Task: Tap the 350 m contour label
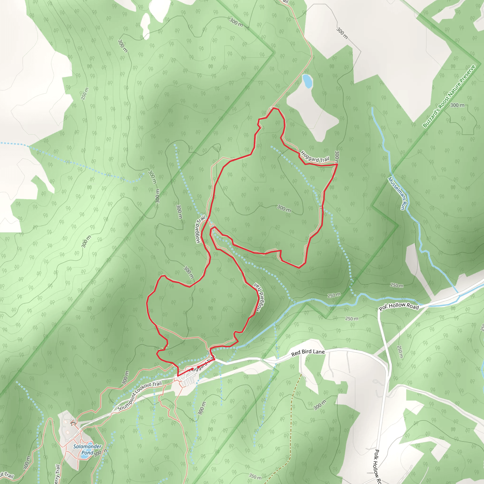coord(255,476)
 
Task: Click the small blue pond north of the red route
coord(307,81)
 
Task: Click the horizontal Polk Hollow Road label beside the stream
coord(399,306)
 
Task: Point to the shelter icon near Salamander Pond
coord(73,422)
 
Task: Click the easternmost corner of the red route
coord(337,164)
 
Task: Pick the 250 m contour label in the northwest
coord(85,93)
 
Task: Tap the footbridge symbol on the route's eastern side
coord(321,207)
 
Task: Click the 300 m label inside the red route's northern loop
coord(284,208)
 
